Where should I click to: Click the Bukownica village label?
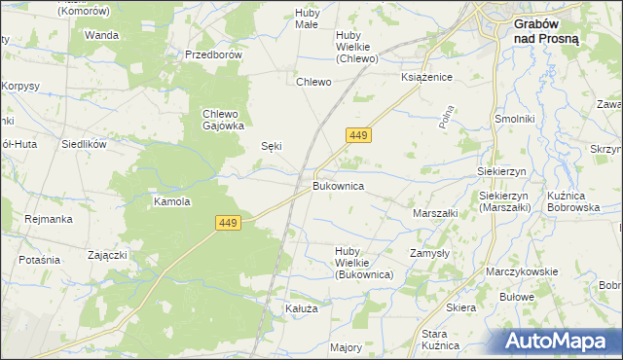(x=339, y=184)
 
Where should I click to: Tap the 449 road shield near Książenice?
(x=356, y=136)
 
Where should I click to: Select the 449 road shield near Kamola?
(x=228, y=224)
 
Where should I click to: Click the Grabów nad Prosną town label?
(x=546, y=32)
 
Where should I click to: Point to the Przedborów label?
(x=213, y=55)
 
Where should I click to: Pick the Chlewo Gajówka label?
(x=222, y=119)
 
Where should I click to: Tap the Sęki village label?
(x=273, y=146)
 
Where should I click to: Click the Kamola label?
(x=171, y=202)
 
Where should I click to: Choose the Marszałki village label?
(x=435, y=212)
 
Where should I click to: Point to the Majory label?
(x=347, y=346)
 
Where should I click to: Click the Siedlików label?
(x=84, y=142)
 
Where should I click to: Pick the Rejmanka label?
(x=49, y=219)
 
